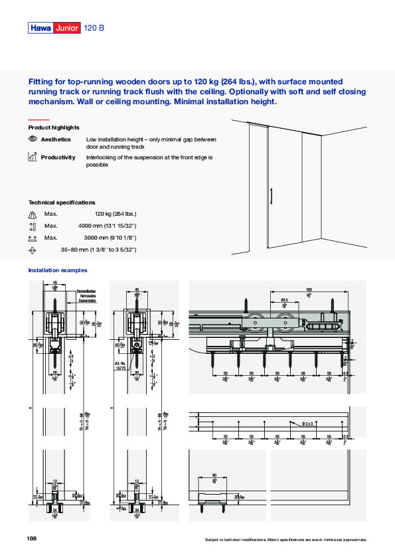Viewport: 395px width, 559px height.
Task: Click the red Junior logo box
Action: pyautogui.click(x=68, y=28)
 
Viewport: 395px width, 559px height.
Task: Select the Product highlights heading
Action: pyautogui.click(x=54, y=127)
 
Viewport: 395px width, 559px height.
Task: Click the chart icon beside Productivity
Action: pyautogui.click(x=33, y=157)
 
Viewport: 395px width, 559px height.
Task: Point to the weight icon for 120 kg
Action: pyautogui.click(x=33, y=214)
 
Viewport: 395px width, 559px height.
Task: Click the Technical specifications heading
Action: pyautogui.click(x=61, y=202)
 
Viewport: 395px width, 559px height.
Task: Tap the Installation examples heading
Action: pyautogui.click(x=57, y=270)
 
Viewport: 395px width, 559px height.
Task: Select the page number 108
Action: pyautogui.click(x=32, y=538)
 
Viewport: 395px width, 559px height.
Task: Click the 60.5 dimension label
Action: pyautogui.click(x=284, y=301)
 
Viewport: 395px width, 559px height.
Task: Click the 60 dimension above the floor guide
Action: pyautogui.click(x=214, y=475)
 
